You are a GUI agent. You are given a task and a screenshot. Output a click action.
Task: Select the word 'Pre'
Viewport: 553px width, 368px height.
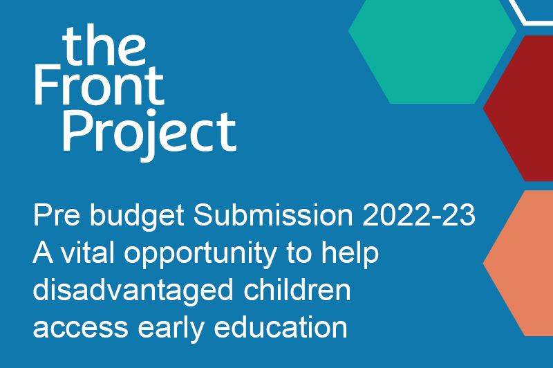pos(55,217)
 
